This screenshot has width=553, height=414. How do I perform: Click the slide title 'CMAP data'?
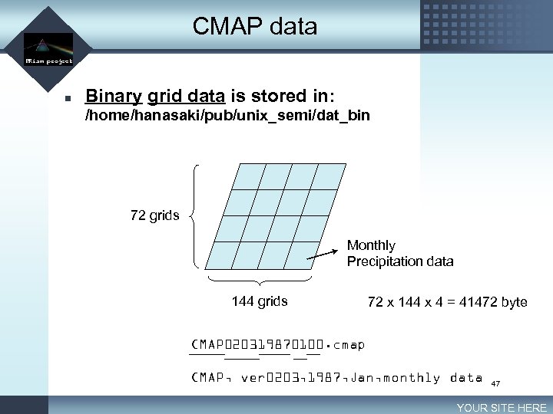(x=254, y=27)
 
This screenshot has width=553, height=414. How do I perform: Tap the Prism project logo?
(x=48, y=51)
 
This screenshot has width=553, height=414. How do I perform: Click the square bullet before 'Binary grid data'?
(x=68, y=98)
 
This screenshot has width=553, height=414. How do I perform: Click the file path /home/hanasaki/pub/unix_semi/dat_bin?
(x=227, y=116)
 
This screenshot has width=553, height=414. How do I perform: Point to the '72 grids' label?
(x=155, y=215)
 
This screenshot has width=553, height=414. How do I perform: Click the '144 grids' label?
(x=260, y=301)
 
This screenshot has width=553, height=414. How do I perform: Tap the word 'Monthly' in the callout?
(x=371, y=245)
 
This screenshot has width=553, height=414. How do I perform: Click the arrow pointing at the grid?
(x=323, y=254)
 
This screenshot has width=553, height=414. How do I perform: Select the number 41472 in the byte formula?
(x=476, y=302)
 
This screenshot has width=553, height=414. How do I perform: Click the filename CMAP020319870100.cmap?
(x=277, y=345)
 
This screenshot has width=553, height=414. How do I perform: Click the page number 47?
(x=495, y=383)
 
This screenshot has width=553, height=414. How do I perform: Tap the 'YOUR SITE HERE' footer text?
(x=502, y=408)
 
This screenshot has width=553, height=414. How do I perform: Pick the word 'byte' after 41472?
(x=514, y=302)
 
